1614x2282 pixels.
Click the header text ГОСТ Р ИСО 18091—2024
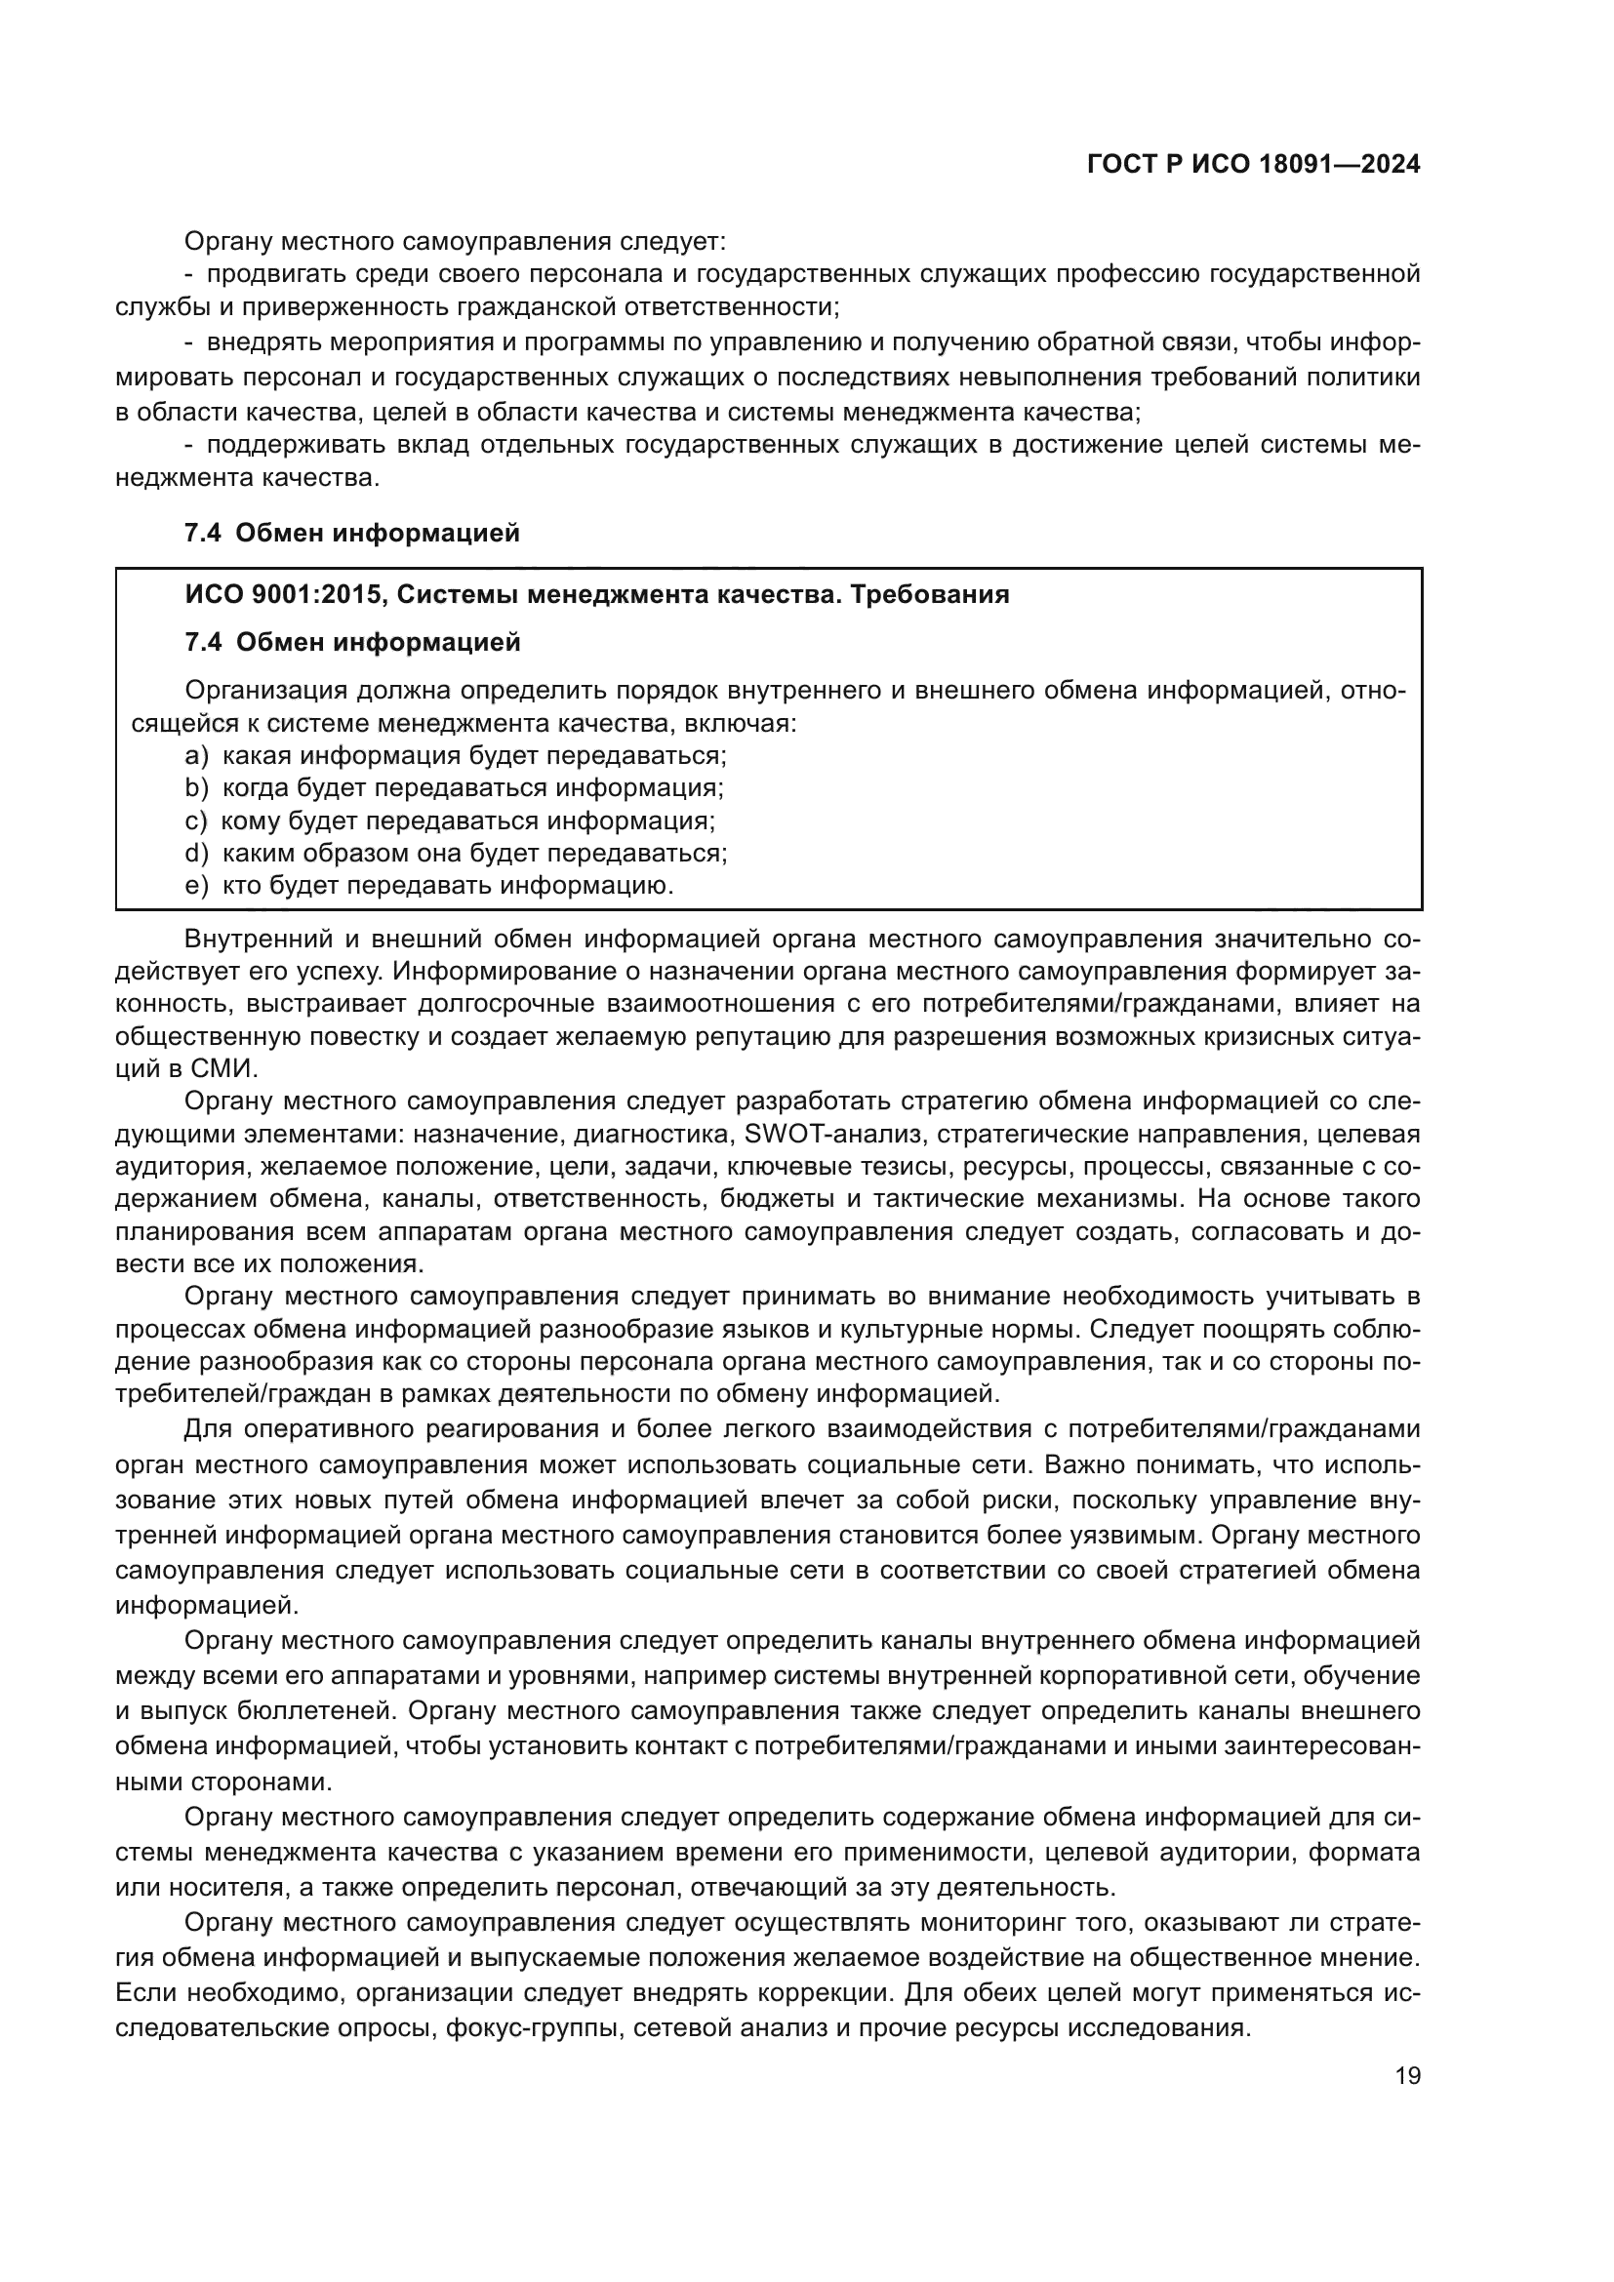point(1253,165)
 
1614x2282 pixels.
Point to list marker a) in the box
point(196,755)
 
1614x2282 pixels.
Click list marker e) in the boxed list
point(196,885)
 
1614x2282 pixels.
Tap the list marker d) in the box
point(196,853)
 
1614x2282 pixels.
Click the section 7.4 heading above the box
point(352,534)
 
